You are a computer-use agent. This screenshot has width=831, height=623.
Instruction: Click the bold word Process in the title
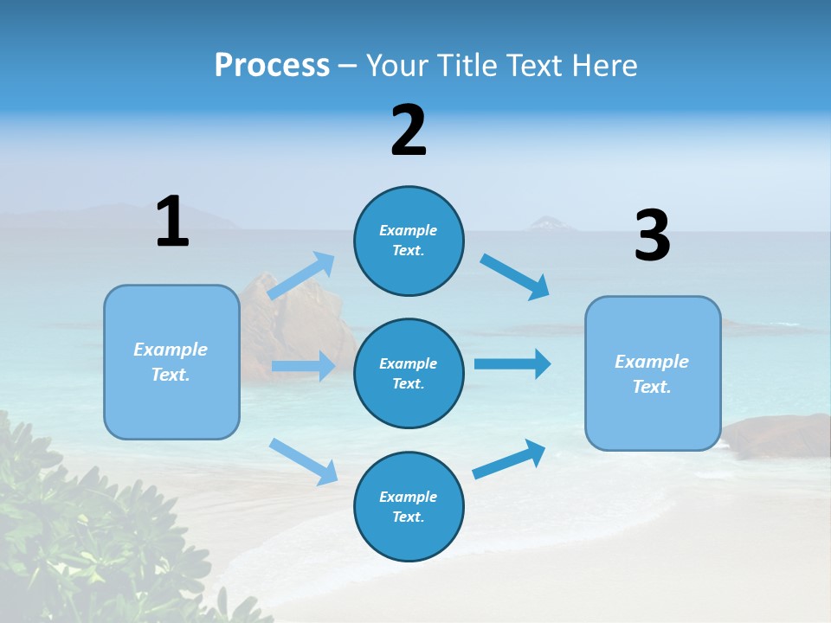(272, 65)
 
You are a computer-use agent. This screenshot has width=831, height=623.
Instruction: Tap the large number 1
(172, 222)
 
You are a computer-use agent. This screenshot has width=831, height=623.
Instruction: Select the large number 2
(409, 130)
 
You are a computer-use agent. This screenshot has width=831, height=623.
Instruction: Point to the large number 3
(652, 236)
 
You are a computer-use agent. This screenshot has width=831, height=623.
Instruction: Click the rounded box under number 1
(171, 362)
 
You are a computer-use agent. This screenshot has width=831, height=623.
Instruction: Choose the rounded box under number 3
(653, 373)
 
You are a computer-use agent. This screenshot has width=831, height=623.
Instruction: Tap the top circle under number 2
(409, 241)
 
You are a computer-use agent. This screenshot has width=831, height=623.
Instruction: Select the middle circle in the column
(409, 373)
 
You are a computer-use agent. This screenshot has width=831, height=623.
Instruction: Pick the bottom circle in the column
(409, 506)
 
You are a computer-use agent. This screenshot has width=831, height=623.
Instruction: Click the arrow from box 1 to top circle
(301, 276)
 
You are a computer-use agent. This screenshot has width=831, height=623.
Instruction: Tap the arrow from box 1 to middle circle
(303, 366)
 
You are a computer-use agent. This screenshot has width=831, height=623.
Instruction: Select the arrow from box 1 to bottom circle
(303, 460)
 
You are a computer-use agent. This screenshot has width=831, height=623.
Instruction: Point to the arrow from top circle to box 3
(515, 276)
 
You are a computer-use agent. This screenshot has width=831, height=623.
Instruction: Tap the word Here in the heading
(606, 65)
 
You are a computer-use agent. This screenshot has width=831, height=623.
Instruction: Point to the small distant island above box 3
(549, 224)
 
